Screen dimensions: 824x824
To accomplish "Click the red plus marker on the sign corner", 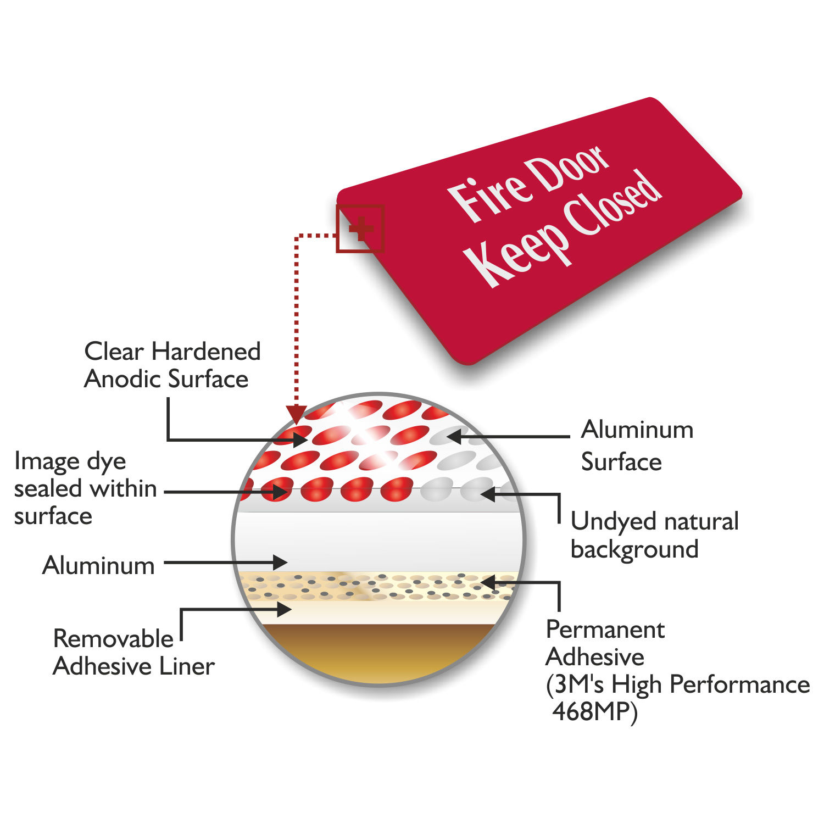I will click(360, 229).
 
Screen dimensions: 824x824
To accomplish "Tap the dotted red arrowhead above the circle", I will click(297, 413).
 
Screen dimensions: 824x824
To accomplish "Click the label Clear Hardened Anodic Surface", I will click(172, 365).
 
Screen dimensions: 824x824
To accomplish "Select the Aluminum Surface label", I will click(637, 446).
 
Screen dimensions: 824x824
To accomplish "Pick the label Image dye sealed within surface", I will click(85, 488).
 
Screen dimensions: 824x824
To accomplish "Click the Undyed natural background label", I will click(654, 535).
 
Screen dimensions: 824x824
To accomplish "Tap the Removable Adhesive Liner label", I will click(133, 653).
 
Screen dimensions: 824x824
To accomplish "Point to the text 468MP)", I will click(595, 712).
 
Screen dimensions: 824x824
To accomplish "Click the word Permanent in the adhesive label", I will click(605, 630).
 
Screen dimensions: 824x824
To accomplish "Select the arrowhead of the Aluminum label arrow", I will click(281, 562).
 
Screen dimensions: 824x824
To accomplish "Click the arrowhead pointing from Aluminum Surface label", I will click(453, 437).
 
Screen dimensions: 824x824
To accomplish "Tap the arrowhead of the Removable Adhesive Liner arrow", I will click(285, 609).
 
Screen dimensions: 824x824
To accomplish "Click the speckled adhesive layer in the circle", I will click(379, 586).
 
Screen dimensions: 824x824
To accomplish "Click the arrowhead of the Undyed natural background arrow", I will click(487, 494).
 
